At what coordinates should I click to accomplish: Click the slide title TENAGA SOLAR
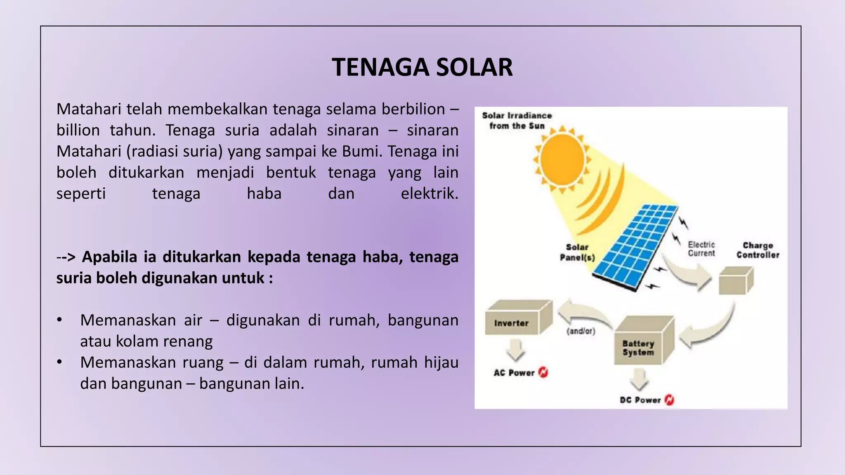coord(422,67)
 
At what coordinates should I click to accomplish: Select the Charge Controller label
coord(758,250)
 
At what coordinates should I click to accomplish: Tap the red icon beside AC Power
coord(543,373)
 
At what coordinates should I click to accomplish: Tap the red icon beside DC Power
coord(669,400)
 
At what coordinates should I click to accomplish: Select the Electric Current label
coord(701,249)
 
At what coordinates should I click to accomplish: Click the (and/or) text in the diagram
coord(581,331)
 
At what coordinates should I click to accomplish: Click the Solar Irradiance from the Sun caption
coord(517,121)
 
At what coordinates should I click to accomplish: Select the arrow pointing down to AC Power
coord(515,350)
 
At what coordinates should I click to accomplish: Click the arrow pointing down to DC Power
coord(640,379)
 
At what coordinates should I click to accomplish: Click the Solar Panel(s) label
coord(577,252)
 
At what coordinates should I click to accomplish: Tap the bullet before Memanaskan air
coord(60,320)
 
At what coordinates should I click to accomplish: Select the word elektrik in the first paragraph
coord(429,193)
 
